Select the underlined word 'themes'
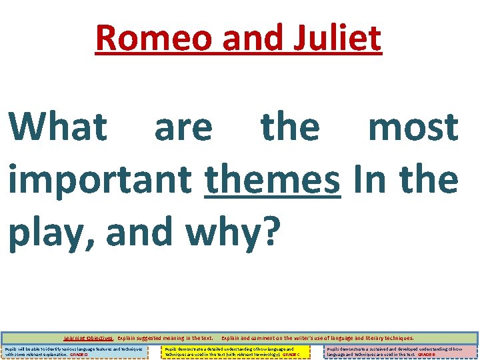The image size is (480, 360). (x=273, y=180)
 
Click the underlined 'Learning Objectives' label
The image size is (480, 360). (x=89, y=338)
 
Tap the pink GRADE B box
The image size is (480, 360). (x=401, y=351)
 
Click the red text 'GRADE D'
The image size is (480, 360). (x=79, y=355)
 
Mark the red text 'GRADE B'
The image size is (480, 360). (x=426, y=355)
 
